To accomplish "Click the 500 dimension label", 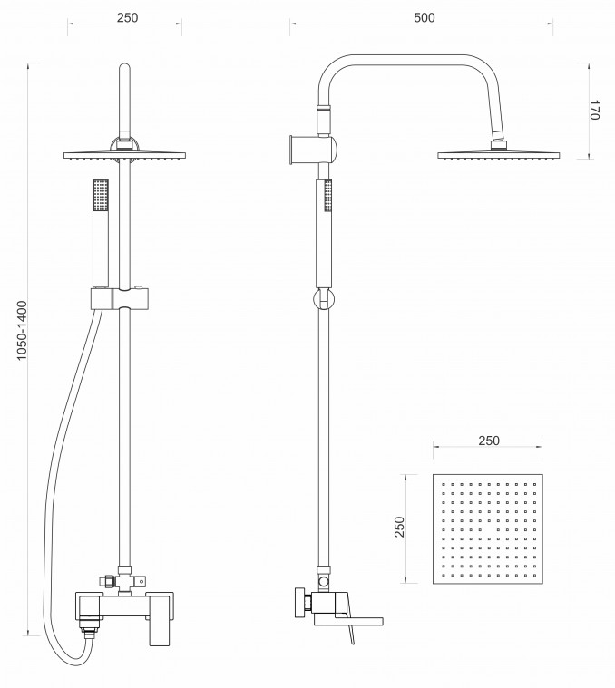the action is [424, 17].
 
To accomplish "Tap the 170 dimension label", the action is [593, 110].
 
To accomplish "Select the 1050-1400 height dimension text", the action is [22, 330].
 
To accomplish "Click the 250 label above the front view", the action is [127, 17].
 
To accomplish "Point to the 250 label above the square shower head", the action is [489, 441].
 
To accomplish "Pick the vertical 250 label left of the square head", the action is [399, 527].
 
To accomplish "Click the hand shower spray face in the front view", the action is [101, 194].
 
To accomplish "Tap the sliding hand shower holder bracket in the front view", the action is [120, 299].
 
